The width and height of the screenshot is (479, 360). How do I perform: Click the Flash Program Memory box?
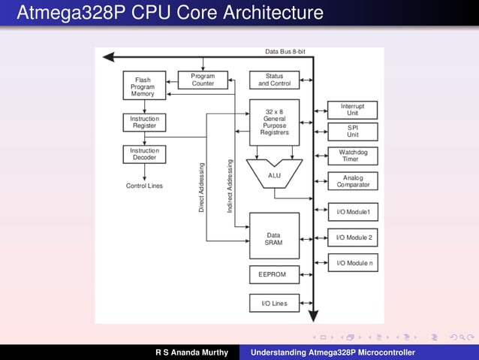[x=143, y=86]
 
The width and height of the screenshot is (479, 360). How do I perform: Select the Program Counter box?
[x=203, y=80]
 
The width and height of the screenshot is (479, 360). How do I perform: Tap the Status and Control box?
[x=274, y=80]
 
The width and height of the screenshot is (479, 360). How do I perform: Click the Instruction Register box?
[x=144, y=123]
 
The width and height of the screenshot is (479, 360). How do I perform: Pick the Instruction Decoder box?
[x=144, y=155]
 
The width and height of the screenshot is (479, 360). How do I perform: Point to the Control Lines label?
[x=144, y=186]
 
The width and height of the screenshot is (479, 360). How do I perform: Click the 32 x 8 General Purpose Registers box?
[x=274, y=122]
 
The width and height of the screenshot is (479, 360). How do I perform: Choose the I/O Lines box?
[x=274, y=304]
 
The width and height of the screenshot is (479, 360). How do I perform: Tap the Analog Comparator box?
[x=352, y=181]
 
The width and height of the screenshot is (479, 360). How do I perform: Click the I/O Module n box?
[x=352, y=263]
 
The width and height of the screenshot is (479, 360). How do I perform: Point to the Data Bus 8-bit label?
[x=285, y=51]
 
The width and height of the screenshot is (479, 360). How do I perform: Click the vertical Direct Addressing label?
[x=201, y=186]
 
